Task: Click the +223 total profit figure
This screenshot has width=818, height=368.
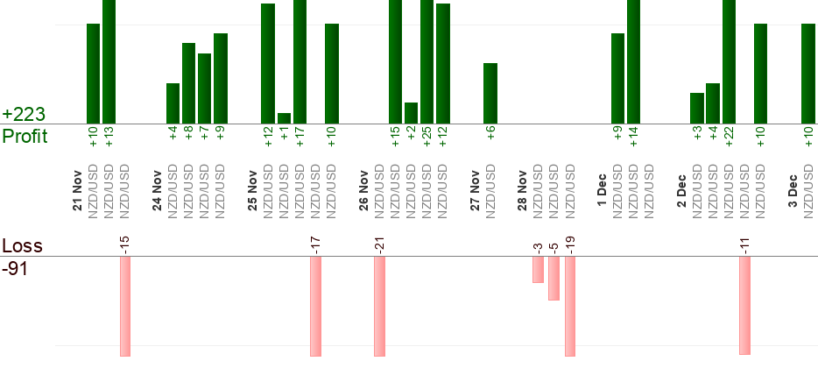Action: click(24, 115)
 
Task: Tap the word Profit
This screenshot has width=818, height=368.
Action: click(25, 137)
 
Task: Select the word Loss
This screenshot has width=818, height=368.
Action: click(21, 245)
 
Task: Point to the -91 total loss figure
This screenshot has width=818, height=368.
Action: click(16, 269)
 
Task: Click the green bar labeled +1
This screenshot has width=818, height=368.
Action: click(284, 118)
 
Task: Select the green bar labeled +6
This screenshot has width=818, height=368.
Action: click(490, 94)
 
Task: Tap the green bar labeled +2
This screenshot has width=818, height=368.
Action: click(411, 113)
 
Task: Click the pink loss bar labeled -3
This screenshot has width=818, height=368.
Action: click(538, 270)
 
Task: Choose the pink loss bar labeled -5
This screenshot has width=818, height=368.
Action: click(554, 279)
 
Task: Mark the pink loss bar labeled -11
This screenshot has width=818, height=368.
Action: click(744, 305)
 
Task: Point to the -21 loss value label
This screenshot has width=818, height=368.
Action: click(379, 243)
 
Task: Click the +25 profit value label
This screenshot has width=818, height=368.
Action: click(427, 138)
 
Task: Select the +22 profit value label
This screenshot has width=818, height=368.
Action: click(729, 138)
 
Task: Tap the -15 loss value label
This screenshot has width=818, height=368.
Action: click(125, 243)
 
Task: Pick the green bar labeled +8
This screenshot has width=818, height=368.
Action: click(188, 83)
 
